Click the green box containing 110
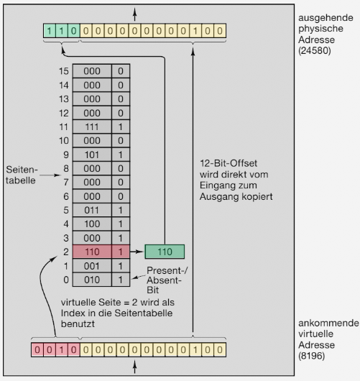(x=165, y=252)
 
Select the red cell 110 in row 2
(x=92, y=252)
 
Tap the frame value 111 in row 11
(x=92, y=127)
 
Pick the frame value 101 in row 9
(x=92, y=155)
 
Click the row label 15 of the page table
(x=64, y=71)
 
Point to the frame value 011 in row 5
(x=91, y=210)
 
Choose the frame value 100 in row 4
(x=92, y=224)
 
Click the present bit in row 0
(x=121, y=280)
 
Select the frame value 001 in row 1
(x=91, y=266)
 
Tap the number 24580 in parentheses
(x=315, y=51)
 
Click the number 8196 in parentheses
(x=312, y=356)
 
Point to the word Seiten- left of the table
(x=22, y=170)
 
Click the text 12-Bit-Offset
(x=229, y=163)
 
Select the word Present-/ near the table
(x=167, y=270)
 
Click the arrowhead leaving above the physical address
(x=135, y=11)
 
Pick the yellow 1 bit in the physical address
(x=195, y=31)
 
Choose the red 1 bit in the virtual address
(x=62, y=350)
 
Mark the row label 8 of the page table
(x=66, y=168)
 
